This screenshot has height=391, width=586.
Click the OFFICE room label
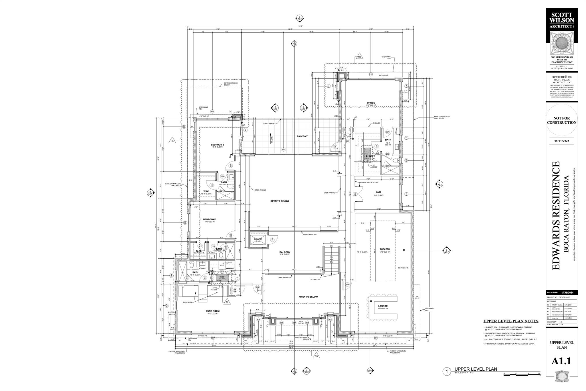[371, 103]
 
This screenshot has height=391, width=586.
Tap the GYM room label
[379, 192]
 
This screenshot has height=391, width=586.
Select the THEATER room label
[385, 249]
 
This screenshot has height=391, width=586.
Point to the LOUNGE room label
[383, 306]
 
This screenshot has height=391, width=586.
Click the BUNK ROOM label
[213, 311]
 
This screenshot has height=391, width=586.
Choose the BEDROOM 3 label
[217, 145]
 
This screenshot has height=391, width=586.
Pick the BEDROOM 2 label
[210, 219]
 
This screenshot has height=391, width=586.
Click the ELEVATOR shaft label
[258, 239]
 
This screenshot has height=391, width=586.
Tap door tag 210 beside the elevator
[272, 239]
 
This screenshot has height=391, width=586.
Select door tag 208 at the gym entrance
[355, 194]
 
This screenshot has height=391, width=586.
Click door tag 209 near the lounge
[347, 284]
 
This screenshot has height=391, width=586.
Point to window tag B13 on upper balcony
[283, 150]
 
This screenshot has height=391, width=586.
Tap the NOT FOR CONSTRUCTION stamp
[561, 120]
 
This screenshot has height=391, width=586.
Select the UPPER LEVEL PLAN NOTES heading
[511, 321]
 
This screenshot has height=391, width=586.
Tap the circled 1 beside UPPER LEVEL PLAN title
[446, 372]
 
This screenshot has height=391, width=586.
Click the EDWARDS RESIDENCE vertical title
[556, 215]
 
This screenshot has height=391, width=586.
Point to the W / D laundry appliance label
[222, 265]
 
